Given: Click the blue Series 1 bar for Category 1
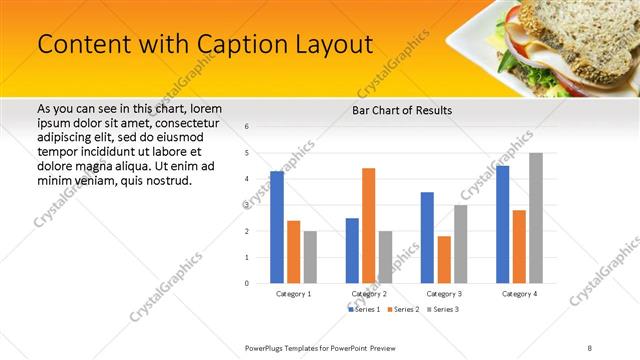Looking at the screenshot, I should coord(277,227).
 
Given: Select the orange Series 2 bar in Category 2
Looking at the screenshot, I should coord(368,225).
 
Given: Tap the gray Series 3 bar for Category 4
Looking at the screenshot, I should coord(536,218).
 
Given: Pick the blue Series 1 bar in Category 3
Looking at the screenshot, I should coord(427,237).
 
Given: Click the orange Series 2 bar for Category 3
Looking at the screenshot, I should coord(443,259).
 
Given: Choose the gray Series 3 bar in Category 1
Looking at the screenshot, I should coord(310,257).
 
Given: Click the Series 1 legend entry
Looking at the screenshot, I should coord(364,310).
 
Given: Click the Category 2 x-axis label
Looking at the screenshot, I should coord(368,294).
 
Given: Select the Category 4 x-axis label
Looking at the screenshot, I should coord(519,294).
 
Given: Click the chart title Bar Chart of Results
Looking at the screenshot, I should coord(402,110).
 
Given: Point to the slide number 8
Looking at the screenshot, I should coord(589,347).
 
